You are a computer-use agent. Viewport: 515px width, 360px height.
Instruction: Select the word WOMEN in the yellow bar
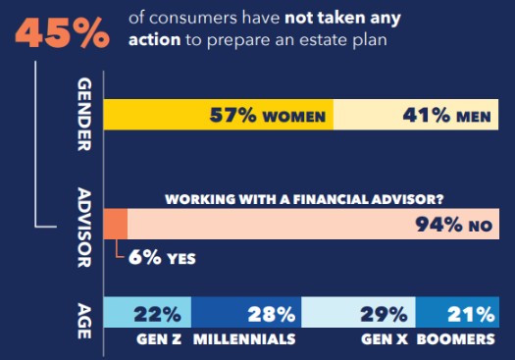tap(292, 117)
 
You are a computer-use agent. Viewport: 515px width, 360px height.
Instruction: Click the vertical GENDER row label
tap(83, 117)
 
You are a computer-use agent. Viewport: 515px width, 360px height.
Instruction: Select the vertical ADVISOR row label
tap(83, 227)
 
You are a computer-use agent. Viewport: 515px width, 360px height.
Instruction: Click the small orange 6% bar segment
tap(115, 225)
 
